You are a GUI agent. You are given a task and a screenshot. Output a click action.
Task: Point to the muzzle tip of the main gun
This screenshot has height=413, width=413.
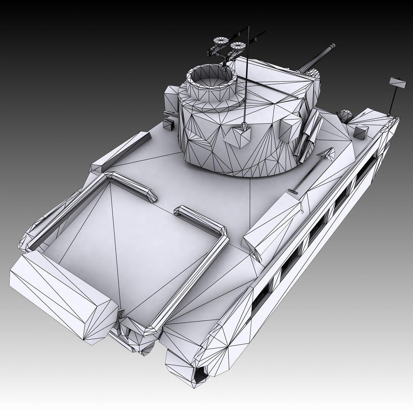click(x=332, y=45)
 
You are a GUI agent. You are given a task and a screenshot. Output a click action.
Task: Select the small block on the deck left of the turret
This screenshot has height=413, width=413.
click(x=168, y=124)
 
